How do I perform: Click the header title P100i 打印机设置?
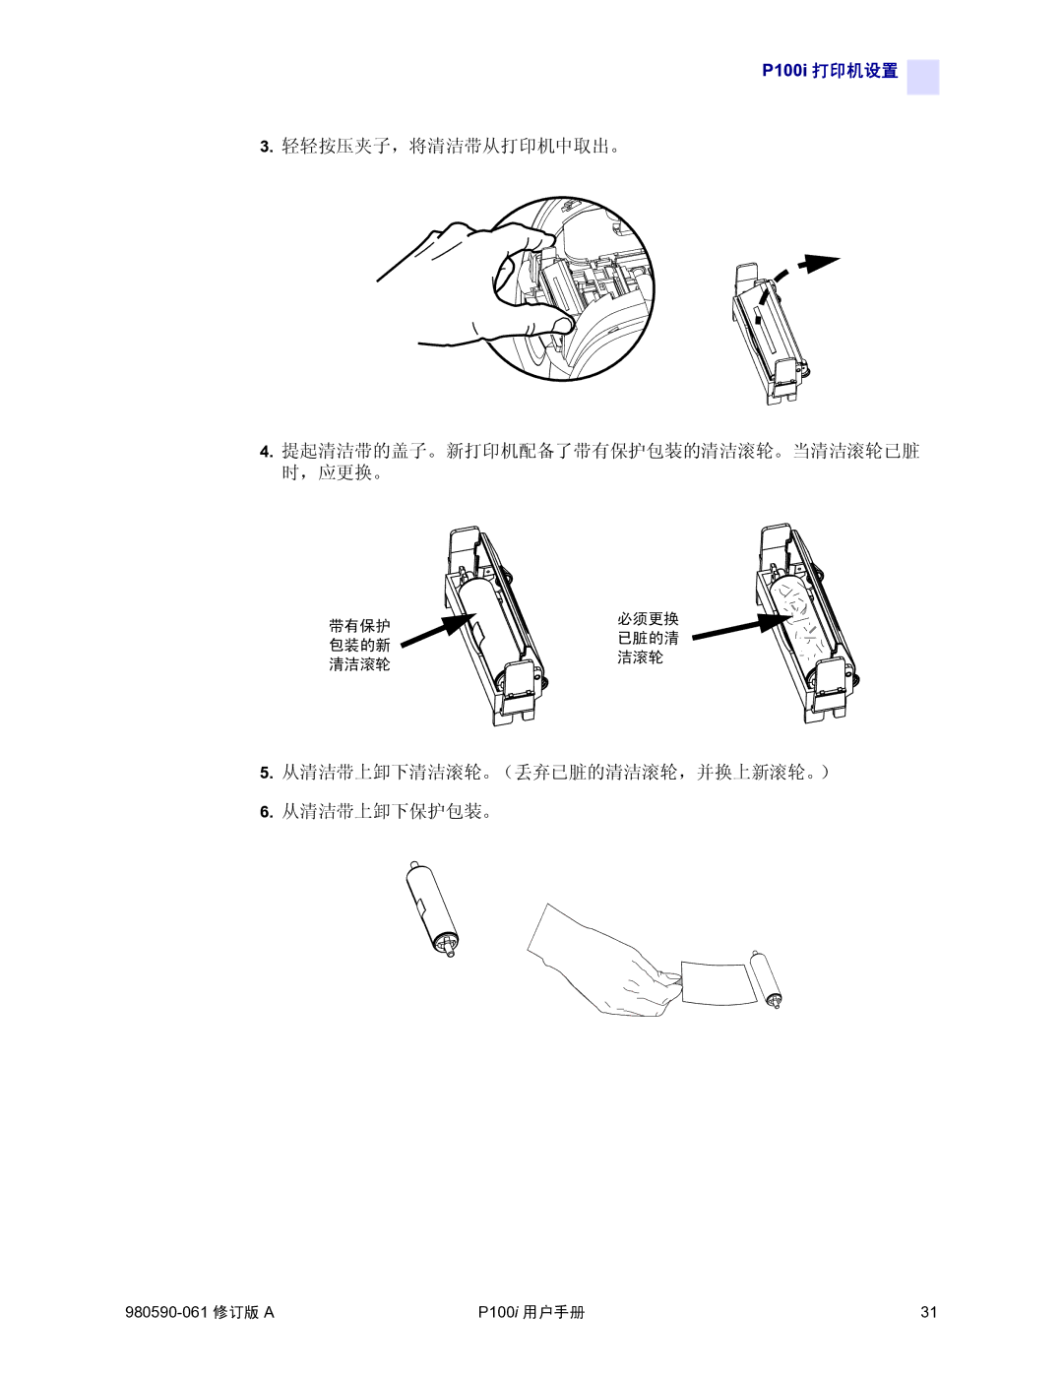pyautogui.click(x=830, y=70)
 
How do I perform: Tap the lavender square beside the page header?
pyautogui.click(x=922, y=77)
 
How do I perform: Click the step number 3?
pyautogui.click(x=266, y=147)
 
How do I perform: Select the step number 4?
pyautogui.click(x=266, y=452)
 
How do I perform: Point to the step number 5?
pyautogui.click(x=266, y=773)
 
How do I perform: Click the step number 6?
pyautogui.click(x=266, y=812)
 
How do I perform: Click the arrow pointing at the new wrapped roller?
pyautogui.click(x=439, y=630)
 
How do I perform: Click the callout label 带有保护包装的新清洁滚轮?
pyautogui.click(x=359, y=645)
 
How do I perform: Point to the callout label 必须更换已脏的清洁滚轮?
pyautogui.click(x=648, y=638)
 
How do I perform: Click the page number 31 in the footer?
pyautogui.click(x=928, y=1312)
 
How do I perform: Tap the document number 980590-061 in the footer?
pyautogui.click(x=167, y=1312)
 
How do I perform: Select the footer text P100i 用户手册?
pyautogui.click(x=531, y=1312)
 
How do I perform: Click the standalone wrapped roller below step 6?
pyautogui.click(x=431, y=908)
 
